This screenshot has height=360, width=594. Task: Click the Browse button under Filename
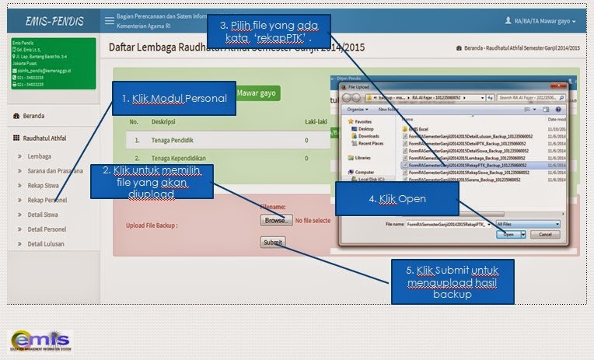tap(274, 221)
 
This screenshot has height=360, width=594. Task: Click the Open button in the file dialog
tap(508, 233)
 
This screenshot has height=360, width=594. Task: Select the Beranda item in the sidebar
tap(33, 116)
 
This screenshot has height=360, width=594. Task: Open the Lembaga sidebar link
tap(40, 156)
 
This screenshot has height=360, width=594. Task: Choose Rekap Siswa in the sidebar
tap(45, 185)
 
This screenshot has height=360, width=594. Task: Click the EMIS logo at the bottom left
tap(39, 340)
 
